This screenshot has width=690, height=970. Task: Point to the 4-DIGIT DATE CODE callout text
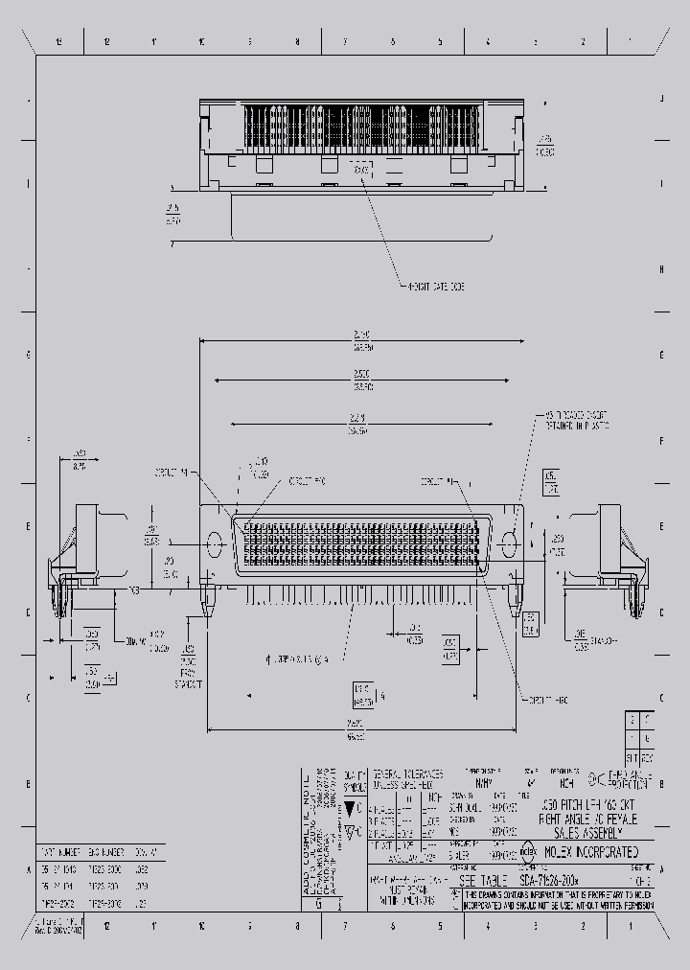(432, 286)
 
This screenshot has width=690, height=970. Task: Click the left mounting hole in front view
(214, 543)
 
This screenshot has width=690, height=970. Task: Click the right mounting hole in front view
(508, 543)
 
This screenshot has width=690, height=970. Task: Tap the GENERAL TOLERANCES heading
(407, 773)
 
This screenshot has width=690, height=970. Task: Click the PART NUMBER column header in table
(59, 850)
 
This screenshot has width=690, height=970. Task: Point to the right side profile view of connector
(618, 551)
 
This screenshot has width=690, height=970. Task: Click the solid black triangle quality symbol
(352, 808)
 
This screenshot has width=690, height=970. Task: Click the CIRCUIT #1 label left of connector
(171, 473)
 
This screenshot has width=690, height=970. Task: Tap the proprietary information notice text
(564, 898)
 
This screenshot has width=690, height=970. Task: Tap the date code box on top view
(360, 170)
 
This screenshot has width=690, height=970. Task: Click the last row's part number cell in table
(59, 903)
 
